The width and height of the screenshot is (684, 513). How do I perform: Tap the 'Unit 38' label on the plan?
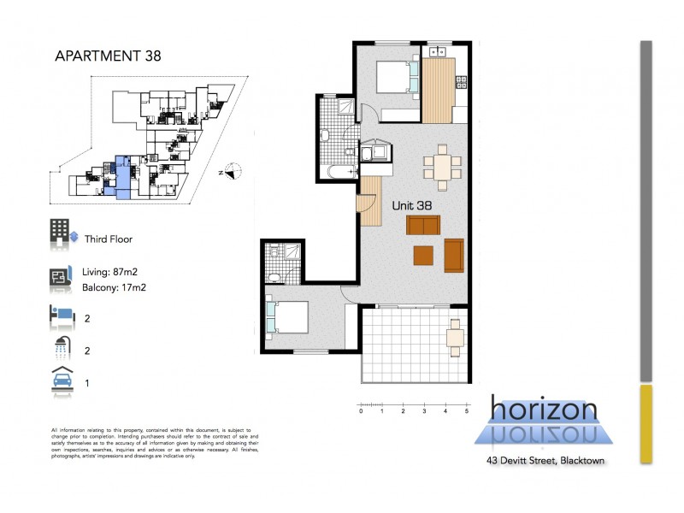pyautogui.click(x=411, y=205)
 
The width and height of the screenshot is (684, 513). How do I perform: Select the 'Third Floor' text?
pyautogui.click(x=108, y=240)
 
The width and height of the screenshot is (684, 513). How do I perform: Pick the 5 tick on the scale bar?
pyautogui.click(x=467, y=411)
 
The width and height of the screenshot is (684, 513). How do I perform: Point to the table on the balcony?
pyautogui.click(x=456, y=338)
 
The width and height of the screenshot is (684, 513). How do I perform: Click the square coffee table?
pyautogui.click(x=423, y=256)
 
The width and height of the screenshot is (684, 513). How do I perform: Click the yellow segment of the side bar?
pyautogui.click(x=646, y=423)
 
